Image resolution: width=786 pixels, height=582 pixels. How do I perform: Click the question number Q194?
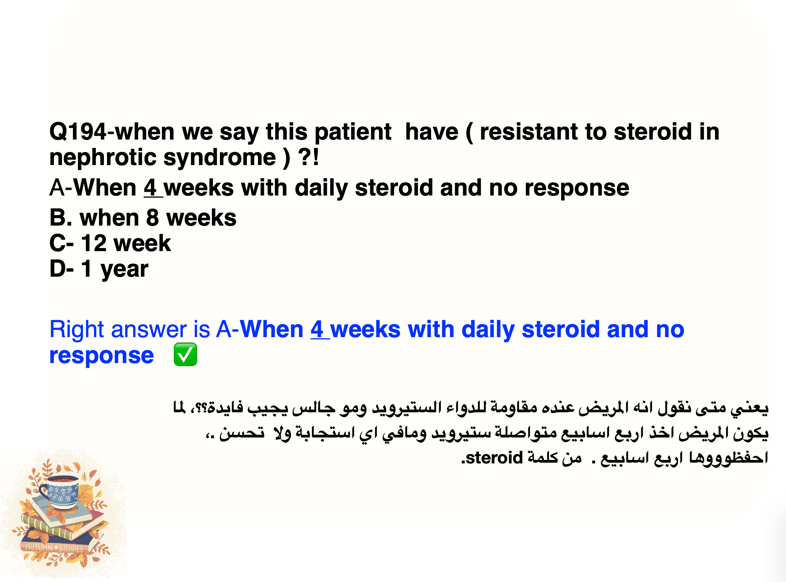coord(78,132)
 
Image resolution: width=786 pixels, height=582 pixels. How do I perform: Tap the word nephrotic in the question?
coord(103,157)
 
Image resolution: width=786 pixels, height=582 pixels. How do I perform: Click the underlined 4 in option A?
coord(150,188)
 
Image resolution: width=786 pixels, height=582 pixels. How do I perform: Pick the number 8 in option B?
coord(152,218)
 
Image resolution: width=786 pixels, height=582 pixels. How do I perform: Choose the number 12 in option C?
coord(94,243)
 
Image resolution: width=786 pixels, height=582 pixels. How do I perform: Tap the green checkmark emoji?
coord(185,355)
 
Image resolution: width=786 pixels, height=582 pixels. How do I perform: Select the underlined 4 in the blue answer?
coord(317,329)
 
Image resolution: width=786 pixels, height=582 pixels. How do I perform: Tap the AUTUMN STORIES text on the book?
coord(54,548)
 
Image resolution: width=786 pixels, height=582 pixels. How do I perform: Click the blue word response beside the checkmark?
coord(101,356)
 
